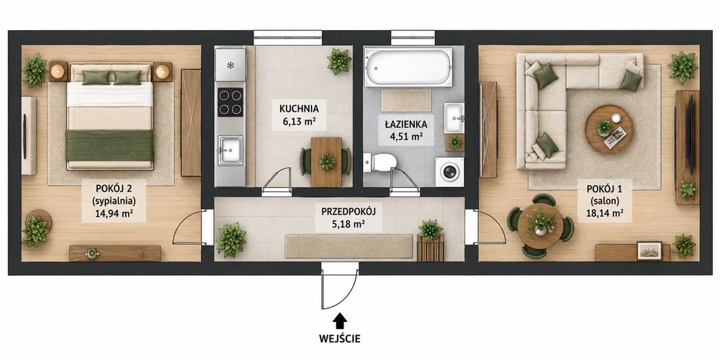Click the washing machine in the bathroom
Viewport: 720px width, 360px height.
449,172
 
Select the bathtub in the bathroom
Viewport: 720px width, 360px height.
408,67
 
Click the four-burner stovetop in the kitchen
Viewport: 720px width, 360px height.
230,102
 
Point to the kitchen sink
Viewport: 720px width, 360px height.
230,150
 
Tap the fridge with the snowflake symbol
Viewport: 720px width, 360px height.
230,65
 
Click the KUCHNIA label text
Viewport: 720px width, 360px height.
299,109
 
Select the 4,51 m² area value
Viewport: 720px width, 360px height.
405,135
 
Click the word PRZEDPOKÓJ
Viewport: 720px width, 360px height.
348,212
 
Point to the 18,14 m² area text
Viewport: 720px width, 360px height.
604,212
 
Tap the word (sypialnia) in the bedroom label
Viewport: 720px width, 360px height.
114,200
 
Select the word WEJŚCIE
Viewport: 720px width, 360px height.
340,339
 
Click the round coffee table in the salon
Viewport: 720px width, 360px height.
609,130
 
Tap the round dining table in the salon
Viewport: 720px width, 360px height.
541,225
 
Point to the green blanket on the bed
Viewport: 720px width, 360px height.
109,145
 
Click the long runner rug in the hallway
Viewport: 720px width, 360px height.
349,246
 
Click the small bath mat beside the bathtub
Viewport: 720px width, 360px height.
406,101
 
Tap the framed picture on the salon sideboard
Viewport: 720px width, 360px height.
649,251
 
